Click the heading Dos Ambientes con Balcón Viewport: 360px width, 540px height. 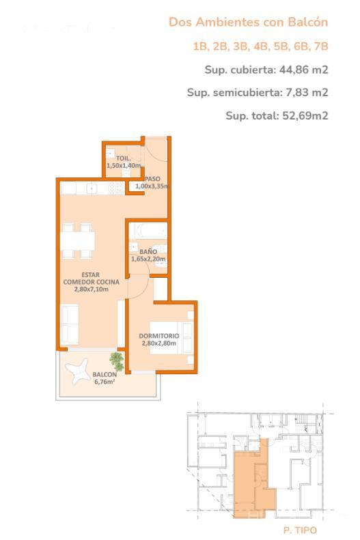(x=248, y=23)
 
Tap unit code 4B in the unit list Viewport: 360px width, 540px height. (x=261, y=46)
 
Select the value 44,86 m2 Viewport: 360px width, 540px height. (x=303, y=70)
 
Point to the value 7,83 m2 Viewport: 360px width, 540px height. (x=307, y=92)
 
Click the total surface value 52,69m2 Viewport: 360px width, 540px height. (x=305, y=115)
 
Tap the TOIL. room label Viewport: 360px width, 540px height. (x=124, y=158)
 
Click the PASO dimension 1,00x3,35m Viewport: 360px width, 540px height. (x=152, y=186)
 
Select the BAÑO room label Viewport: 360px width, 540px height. (x=148, y=252)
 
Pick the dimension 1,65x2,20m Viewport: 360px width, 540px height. (x=148, y=259)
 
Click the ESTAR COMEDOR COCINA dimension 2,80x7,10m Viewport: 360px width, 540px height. (x=92, y=289)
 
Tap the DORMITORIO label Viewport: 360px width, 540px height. (x=159, y=336)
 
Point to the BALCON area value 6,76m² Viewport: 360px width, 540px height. (x=105, y=382)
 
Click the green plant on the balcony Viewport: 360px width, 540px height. (x=117, y=361)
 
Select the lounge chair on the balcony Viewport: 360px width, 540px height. (x=78, y=371)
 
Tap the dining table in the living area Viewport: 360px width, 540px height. (x=78, y=241)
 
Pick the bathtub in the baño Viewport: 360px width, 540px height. (x=148, y=231)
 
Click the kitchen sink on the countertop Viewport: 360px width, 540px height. (x=92, y=188)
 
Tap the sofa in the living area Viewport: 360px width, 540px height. (x=70, y=325)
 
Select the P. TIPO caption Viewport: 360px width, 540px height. (x=300, y=530)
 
